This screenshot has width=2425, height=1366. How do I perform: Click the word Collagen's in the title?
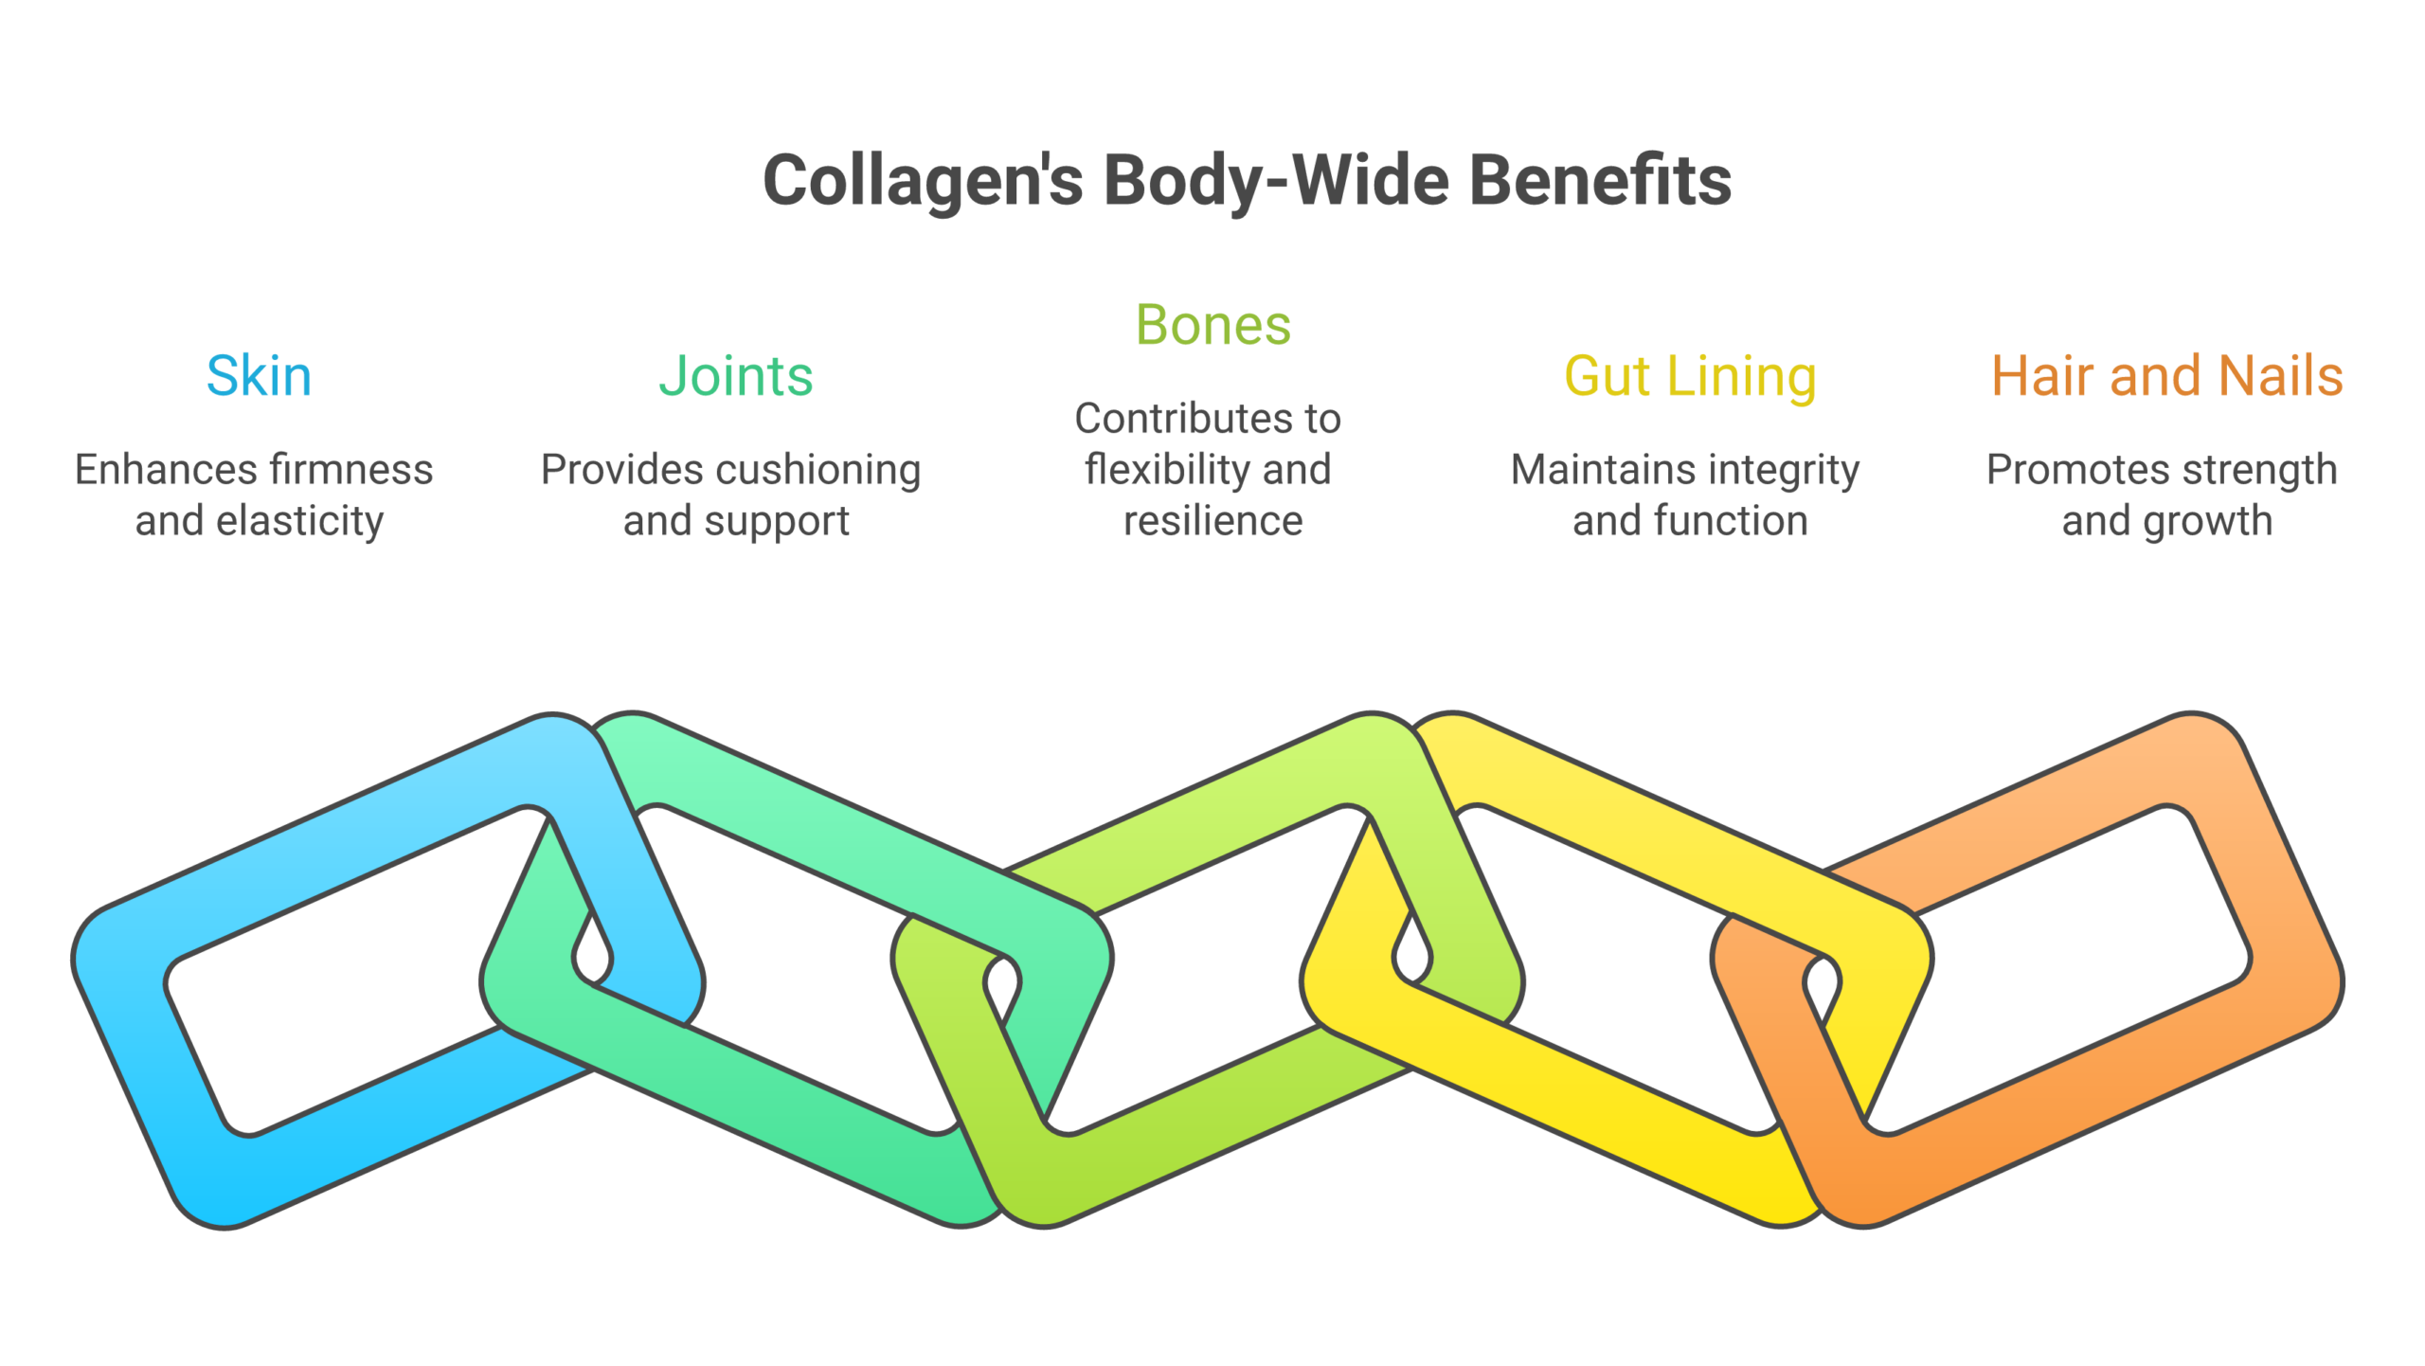click(922, 180)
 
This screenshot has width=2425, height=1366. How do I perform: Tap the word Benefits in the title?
click(1600, 180)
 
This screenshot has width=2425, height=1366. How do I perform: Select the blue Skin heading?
click(259, 375)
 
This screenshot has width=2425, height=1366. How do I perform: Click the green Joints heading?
click(736, 375)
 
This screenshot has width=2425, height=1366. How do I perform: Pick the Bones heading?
click(1212, 325)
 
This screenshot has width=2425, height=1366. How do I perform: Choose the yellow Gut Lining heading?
click(1690, 375)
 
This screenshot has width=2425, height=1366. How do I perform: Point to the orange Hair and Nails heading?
click(2166, 375)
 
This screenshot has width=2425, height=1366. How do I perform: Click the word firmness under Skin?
click(351, 469)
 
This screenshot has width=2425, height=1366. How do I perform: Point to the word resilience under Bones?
click(1212, 520)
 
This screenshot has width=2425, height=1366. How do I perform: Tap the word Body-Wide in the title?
click(1276, 180)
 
